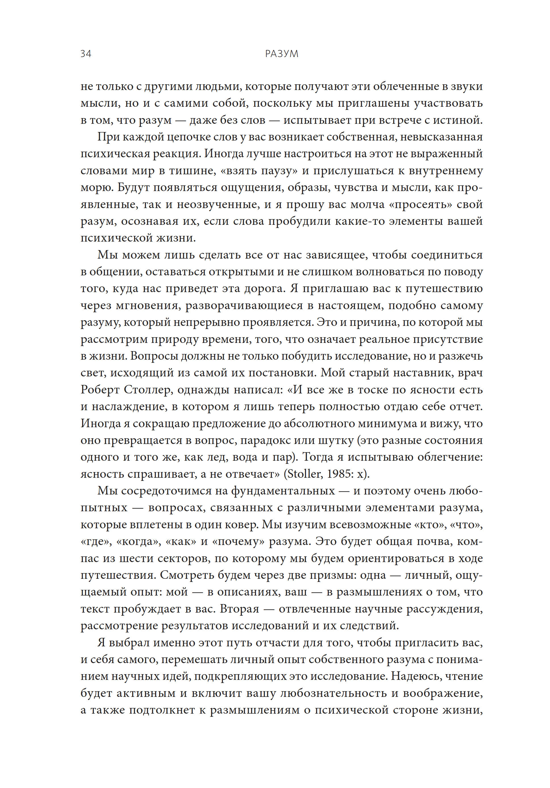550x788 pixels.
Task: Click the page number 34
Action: click(x=85, y=54)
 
